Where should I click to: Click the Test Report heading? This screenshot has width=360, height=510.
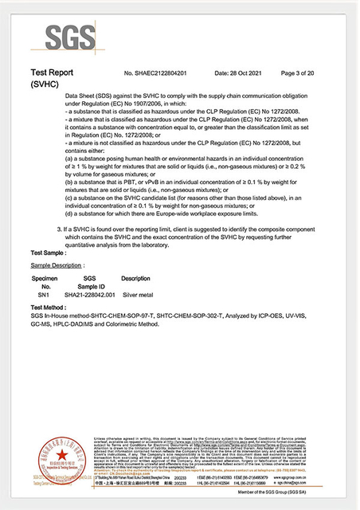click(53, 71)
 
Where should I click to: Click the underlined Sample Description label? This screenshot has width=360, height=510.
click(57, 264)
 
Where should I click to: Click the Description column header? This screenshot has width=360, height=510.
click(135, 278)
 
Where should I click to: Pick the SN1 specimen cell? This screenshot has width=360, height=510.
click(45, 294)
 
